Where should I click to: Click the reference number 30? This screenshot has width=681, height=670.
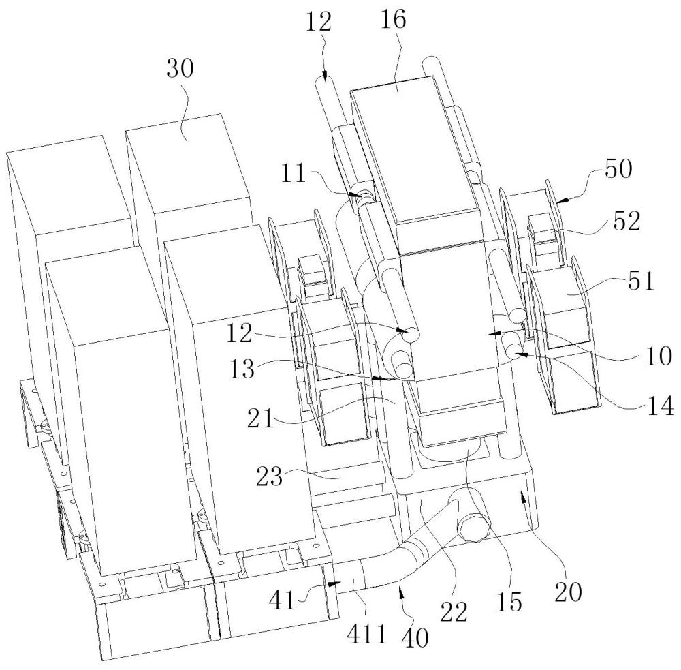[x=180, y=68]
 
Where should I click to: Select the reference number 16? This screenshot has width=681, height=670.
[x=393, y=20]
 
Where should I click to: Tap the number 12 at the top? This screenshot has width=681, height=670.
[x=319, y=22]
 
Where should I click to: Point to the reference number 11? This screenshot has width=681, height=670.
[x=294, y=174]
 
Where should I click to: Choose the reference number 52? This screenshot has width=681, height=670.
[x=627, y=222]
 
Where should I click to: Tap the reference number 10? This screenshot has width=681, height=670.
[x=659, y=356]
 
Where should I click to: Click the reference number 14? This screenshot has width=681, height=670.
[x=660, y=406]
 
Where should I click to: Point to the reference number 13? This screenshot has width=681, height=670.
[x=242, y=369]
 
